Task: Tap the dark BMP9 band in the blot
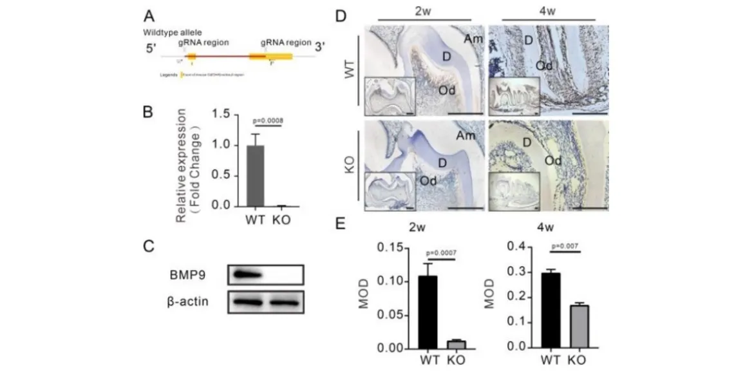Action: click(246, 276)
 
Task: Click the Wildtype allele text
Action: click(169, 32)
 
